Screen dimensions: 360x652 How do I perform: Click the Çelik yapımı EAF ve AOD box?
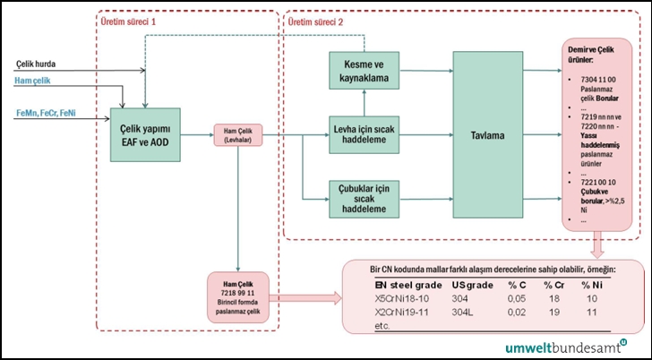pos(146,135)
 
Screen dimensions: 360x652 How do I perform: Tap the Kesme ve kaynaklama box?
pos(364,72)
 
